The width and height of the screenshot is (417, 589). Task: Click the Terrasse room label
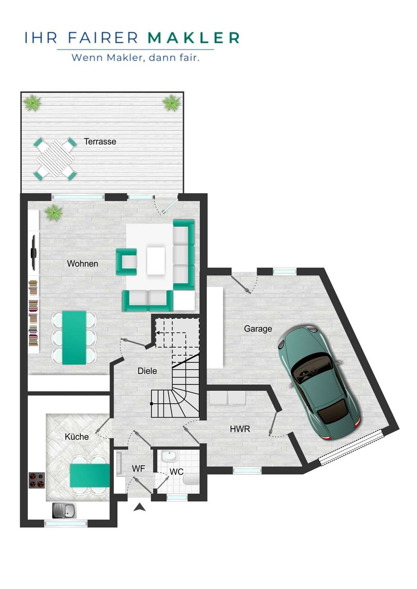pyautogui.click(x=100, y=142)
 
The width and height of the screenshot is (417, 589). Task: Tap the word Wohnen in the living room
pyautogui.click(x=82, y=264)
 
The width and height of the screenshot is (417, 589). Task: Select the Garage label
pyautogui.click(x=258, y=329)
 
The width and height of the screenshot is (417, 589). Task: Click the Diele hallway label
pyautogui.click(x=147, y=371)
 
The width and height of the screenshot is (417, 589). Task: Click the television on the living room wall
pyautogui.click(x=34, y=252)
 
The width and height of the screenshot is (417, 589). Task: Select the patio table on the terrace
pyautogui.click(x=56, y=159)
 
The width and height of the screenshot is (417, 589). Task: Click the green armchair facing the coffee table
pyautogui.click(x=126, y=262)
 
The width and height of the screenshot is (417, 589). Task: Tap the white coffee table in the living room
pyautogui.click(x=156, y=261)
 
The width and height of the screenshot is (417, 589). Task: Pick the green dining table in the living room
pyautogui.click(x=74, y=337)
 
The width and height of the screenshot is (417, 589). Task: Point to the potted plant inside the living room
pyautogui.click(x=54, y=212)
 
